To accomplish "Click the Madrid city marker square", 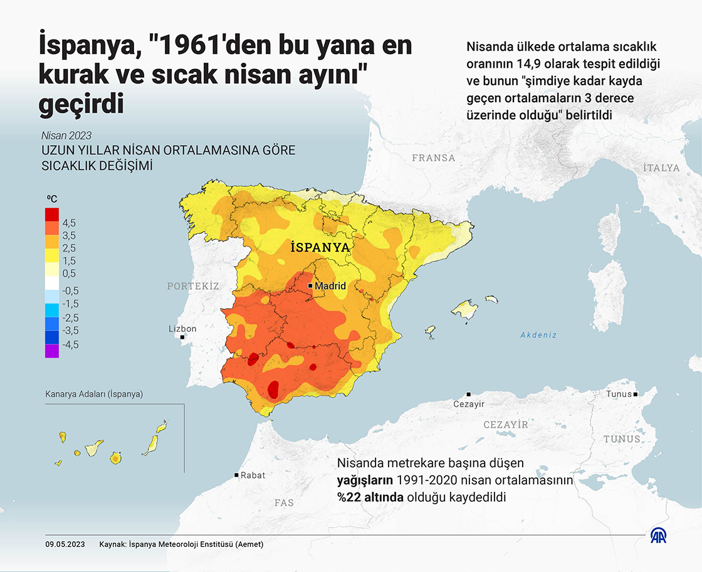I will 310,285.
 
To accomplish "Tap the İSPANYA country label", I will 320,247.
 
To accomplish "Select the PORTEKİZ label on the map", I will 193,286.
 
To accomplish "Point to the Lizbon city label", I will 182,329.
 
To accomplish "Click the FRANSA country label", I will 434,158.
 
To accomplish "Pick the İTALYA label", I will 661,167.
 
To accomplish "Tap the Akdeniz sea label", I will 538,335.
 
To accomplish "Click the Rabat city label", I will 253,475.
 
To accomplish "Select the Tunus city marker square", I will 636,395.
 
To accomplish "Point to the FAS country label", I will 284,502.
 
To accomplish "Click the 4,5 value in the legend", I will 68,223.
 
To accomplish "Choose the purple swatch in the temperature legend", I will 52,351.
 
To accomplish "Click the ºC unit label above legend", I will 52,199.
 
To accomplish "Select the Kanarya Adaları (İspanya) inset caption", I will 94,395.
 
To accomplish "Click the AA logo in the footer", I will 659,536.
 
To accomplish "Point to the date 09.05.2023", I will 65,544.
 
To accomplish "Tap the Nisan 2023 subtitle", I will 66,135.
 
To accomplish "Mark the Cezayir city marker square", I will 469,395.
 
